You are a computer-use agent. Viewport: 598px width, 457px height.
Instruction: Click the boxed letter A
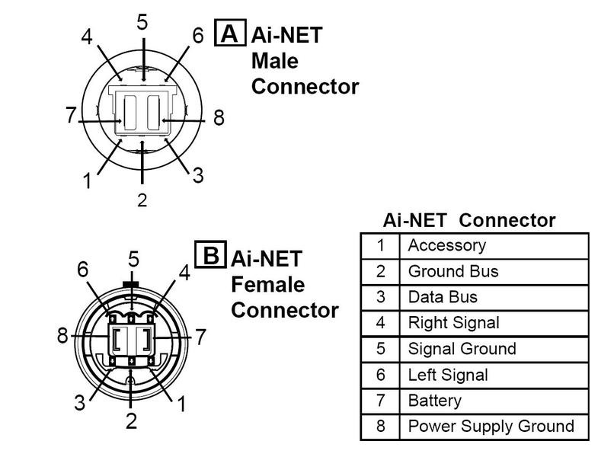coord(229,34)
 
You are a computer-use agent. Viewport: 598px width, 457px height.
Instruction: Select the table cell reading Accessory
coord(446,245)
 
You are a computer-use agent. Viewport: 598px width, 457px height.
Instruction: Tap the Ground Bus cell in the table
coord(453,271)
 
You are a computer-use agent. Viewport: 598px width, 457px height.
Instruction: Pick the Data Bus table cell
coord(443,297)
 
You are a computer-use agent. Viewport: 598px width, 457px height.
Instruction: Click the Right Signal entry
coord(454,323)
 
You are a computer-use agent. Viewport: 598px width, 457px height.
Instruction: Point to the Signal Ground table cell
coord(462,349)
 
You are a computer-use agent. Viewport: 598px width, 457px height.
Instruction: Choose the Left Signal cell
coord(449,375)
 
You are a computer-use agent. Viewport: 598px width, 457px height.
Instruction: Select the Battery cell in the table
coord(435,401)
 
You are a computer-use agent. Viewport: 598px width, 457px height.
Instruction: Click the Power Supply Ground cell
coord(491,427)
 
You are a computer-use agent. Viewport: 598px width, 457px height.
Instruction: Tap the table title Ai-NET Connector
coord(468,221)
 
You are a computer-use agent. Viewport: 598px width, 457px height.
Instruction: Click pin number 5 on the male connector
coord(142,23)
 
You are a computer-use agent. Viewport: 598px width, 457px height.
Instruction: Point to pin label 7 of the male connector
coord(70,116)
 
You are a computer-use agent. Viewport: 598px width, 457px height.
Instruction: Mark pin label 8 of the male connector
coord(219,118)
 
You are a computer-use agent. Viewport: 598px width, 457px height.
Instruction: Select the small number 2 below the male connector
coord(142,200)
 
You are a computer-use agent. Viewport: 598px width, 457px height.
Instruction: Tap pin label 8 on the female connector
coord(62,336)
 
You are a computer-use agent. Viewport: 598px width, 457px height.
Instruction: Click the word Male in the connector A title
coord(275,60)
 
